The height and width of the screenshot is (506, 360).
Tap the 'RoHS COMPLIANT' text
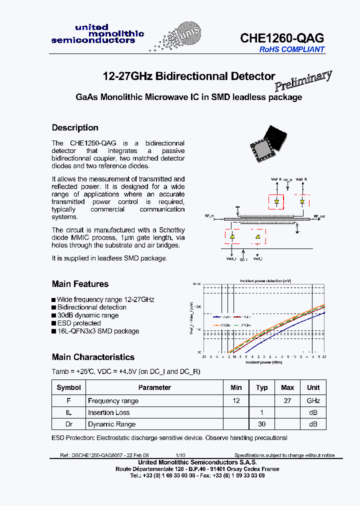click(x=291, y=49)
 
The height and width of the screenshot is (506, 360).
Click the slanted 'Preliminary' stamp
click(x=303, y=80)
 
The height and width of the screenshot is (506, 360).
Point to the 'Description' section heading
click(x=75, y=127)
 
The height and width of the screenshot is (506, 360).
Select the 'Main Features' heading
click(x=80, y=284)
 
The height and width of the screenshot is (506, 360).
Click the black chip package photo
click(x=268, y=141)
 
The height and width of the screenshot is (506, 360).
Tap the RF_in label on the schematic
click(x=209, y=215)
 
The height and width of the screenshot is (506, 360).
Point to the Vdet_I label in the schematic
click(x=231, y=258)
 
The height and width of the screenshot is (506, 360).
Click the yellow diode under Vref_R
click(x=276, y=202)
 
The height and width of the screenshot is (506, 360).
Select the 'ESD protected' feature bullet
click(x=79, y=323)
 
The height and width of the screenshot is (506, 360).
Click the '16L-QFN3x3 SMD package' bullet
click(x=98, y=331)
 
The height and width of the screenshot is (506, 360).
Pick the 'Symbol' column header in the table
click(x=69, y=387)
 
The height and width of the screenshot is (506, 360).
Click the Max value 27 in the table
click(x=287, y=400)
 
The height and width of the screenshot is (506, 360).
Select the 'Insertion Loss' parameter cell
click(x=108, y=412)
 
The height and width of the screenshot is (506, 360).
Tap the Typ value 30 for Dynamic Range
click(x=262, y=424)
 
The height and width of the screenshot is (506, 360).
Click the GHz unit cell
click(x=313, y=400)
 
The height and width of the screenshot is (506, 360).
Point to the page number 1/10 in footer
click(x=180, y=455)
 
